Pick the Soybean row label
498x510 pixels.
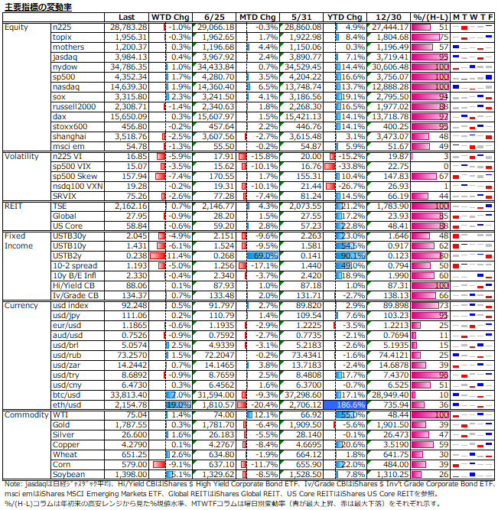click(x=69, y=474)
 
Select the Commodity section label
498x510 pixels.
click(x=26, y=414)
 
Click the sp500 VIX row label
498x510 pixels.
click(x=73, y=166)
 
